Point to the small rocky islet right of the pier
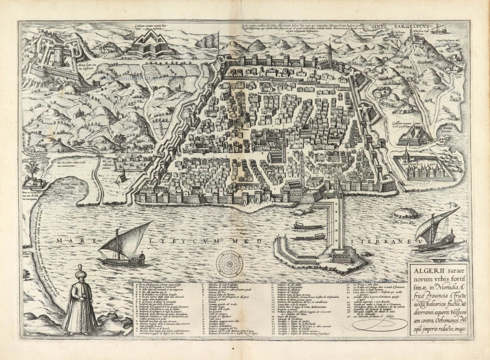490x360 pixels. point(405,213)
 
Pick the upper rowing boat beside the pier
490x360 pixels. point(308,226)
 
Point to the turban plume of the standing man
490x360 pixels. point(79,268)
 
